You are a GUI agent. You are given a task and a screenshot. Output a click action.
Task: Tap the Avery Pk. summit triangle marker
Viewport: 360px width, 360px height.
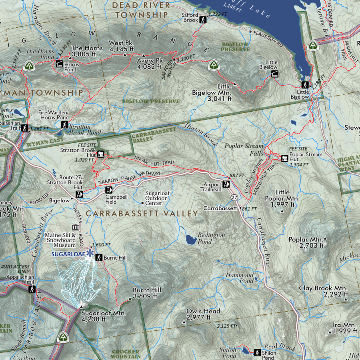[x=144, y=55]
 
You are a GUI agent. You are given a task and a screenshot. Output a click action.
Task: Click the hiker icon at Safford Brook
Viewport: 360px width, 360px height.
[x=203, y=20]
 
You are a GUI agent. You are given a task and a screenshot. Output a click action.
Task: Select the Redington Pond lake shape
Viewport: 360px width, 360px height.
[x=191, y=240]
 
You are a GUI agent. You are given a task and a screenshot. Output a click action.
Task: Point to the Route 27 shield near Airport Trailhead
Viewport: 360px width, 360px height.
[x=234, y=198]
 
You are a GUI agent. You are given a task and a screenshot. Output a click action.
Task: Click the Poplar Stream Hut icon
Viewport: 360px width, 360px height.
[x=284, y=159]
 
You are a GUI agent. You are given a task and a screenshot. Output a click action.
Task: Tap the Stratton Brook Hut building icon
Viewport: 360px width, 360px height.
[x=101, y=154]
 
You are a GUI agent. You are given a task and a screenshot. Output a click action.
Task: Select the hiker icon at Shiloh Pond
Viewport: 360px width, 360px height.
[x=257, y=352]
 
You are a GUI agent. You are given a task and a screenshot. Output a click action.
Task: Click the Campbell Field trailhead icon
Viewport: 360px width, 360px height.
[x=108, y=190]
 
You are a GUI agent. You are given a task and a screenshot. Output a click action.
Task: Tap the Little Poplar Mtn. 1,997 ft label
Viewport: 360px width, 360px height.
[x=282, y=198]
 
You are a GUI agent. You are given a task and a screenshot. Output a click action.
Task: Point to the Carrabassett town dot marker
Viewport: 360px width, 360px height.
[x=240, y=208]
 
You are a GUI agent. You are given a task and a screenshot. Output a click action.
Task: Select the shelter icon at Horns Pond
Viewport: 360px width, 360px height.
[x=59, y=63]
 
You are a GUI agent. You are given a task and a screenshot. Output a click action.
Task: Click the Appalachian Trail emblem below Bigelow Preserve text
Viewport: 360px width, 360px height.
[x=214, y=65]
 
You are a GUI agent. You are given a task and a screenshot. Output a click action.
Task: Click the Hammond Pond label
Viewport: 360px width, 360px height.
[x=240, y=278]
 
